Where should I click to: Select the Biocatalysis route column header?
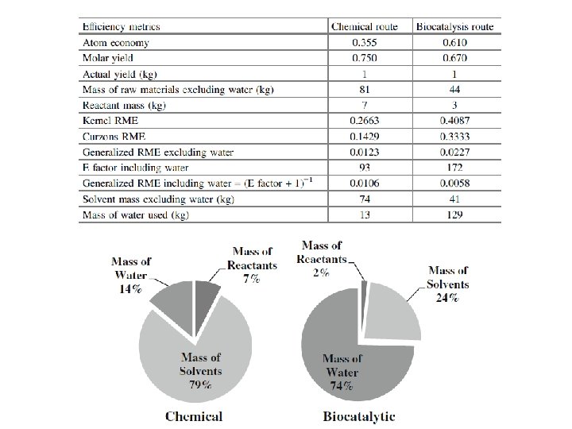455,26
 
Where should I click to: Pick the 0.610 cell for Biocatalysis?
455,43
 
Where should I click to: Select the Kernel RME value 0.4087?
455,121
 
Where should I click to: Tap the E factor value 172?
455,168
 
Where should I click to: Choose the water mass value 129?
455,214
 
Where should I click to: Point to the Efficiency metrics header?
122,26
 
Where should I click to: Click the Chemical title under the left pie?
194,415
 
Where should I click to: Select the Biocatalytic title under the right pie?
359,415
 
